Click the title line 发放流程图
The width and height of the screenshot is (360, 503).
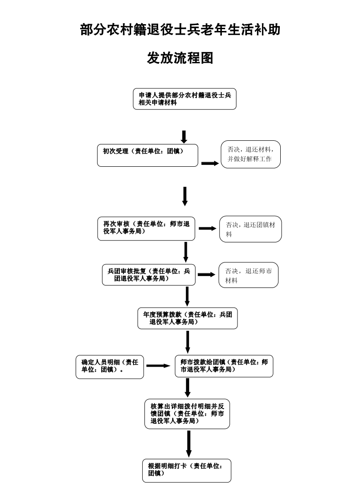coord(180,58)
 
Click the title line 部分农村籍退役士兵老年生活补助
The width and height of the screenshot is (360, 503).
coord(180,30)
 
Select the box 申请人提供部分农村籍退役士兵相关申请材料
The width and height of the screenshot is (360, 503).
coord(185,99)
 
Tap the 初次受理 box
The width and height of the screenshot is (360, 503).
coord(148,155)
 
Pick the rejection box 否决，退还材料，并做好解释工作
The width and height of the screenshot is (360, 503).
coord(250,154)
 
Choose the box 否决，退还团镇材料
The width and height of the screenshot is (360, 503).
coord(250,229)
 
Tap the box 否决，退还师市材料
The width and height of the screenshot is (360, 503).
coord(248,275)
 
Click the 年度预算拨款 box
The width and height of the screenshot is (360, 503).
coord(188,318)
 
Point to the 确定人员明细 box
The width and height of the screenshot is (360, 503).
coord(109,366)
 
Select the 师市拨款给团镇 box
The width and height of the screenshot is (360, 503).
coord(224,366)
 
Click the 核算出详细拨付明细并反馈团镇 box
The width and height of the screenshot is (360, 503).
coord(187,414)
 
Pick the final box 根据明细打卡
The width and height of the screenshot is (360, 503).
coord(187,470)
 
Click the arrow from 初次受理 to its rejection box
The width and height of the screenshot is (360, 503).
coord(210,163)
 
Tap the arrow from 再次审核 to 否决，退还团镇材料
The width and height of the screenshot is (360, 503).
coord(207,228)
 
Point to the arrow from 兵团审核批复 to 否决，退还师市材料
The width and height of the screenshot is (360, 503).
coord(206,274)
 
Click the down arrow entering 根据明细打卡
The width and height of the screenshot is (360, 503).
coord(188,443)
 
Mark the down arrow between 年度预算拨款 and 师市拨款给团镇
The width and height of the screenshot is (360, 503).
coord(188,342)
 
